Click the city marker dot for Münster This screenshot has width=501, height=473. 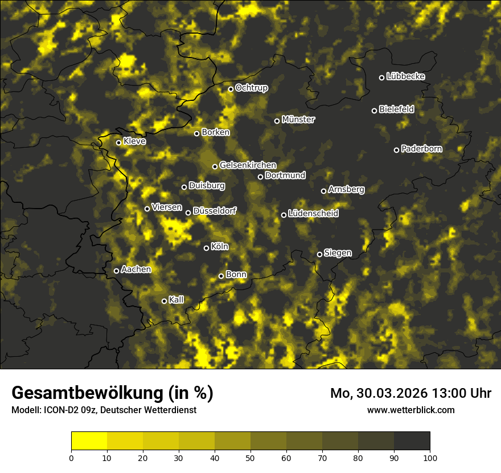277,121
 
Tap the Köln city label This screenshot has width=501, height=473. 220,247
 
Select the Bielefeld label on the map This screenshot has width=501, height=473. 396,109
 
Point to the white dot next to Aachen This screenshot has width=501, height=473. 117,271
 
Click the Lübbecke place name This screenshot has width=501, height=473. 405,76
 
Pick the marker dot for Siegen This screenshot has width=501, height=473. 319,254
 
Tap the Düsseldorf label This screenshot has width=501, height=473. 214,211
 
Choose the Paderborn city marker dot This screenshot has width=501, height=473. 397,150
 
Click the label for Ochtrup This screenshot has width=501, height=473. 252,88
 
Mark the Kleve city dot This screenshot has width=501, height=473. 118,142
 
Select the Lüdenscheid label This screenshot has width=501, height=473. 313,214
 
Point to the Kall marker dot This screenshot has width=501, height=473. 164,301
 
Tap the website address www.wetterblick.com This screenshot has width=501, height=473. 410,410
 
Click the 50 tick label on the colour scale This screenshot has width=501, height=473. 250,457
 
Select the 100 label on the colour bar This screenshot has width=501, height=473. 429,457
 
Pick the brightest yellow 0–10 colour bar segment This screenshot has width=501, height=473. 89,441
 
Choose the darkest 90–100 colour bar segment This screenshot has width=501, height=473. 412,441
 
